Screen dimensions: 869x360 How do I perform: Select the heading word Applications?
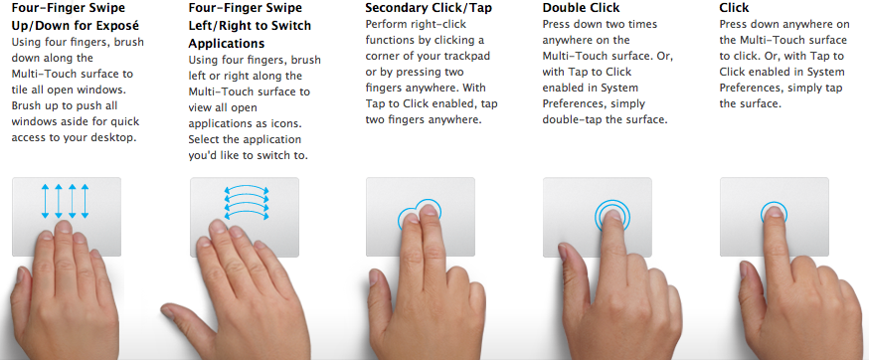[x=226, y=44]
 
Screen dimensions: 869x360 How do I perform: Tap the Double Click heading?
[x=581, y=8]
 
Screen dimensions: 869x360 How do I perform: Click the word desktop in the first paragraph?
[x=114, y=137]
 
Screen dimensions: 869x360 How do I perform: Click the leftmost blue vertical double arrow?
[x=46, y=201]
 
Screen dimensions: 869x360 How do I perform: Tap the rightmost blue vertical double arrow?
[x=85, y=201]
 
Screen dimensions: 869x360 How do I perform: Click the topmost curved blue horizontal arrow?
[x=246, y=189]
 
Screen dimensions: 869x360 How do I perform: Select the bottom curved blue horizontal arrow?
[x=246, y=214]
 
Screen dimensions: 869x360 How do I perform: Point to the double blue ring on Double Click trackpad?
[x=612, y=201]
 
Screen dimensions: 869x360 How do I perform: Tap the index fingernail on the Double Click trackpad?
[x=612, y=215]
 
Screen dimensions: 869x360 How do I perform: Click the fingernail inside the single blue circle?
[x=775, y=213]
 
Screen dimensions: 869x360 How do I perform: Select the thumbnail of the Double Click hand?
[x=562, y=253]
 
